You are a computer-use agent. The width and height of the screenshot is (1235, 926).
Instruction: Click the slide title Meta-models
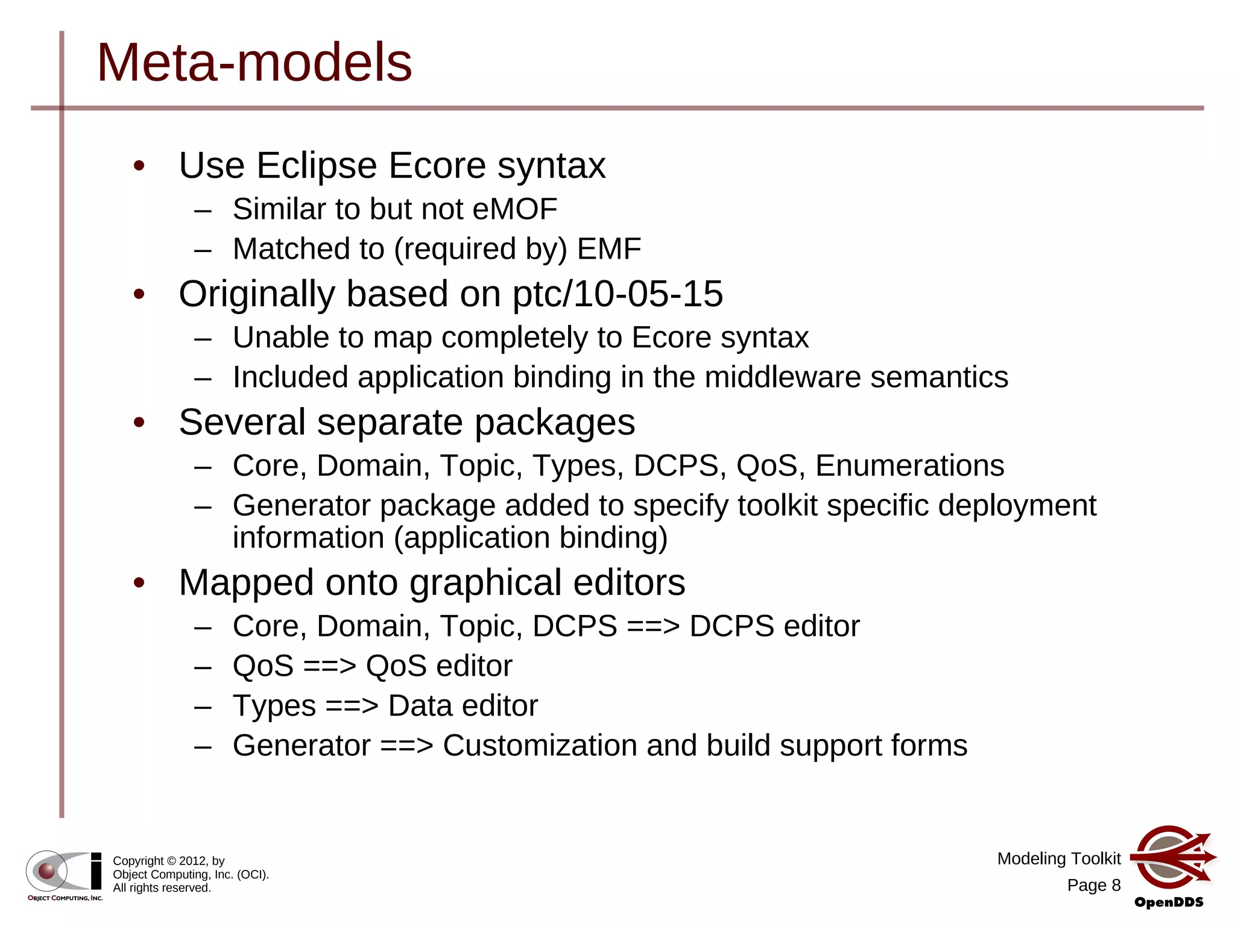pyautogui.click(x=254, y=63)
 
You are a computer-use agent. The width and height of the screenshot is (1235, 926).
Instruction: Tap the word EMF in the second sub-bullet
pyautogui.click(x=608, y=249)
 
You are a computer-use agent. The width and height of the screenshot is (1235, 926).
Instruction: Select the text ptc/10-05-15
pyautogui.click(x=617, y=294)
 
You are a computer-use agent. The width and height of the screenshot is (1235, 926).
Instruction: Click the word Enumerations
pyautogui.click(x=909, y=466)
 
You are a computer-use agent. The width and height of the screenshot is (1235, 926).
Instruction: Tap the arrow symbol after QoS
pyautogui.click(x=329, y=666)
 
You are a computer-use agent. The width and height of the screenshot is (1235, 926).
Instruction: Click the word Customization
pyautogui.click(x=539, y=746)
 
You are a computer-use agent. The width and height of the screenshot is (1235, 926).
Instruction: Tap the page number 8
pyautogui.click(x=1116, y=885)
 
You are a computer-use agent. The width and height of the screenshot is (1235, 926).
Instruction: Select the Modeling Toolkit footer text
pyautogui.click(x=1058, y=858)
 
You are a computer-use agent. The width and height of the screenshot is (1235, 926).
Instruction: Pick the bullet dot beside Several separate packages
pyautogui.click(x=139, y=423)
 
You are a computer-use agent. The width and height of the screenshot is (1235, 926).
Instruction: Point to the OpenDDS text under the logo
pyautogui.click(x=1169, y=902)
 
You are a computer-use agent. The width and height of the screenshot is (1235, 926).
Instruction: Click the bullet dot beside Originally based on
pyautogui.click(x=139, y=294)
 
